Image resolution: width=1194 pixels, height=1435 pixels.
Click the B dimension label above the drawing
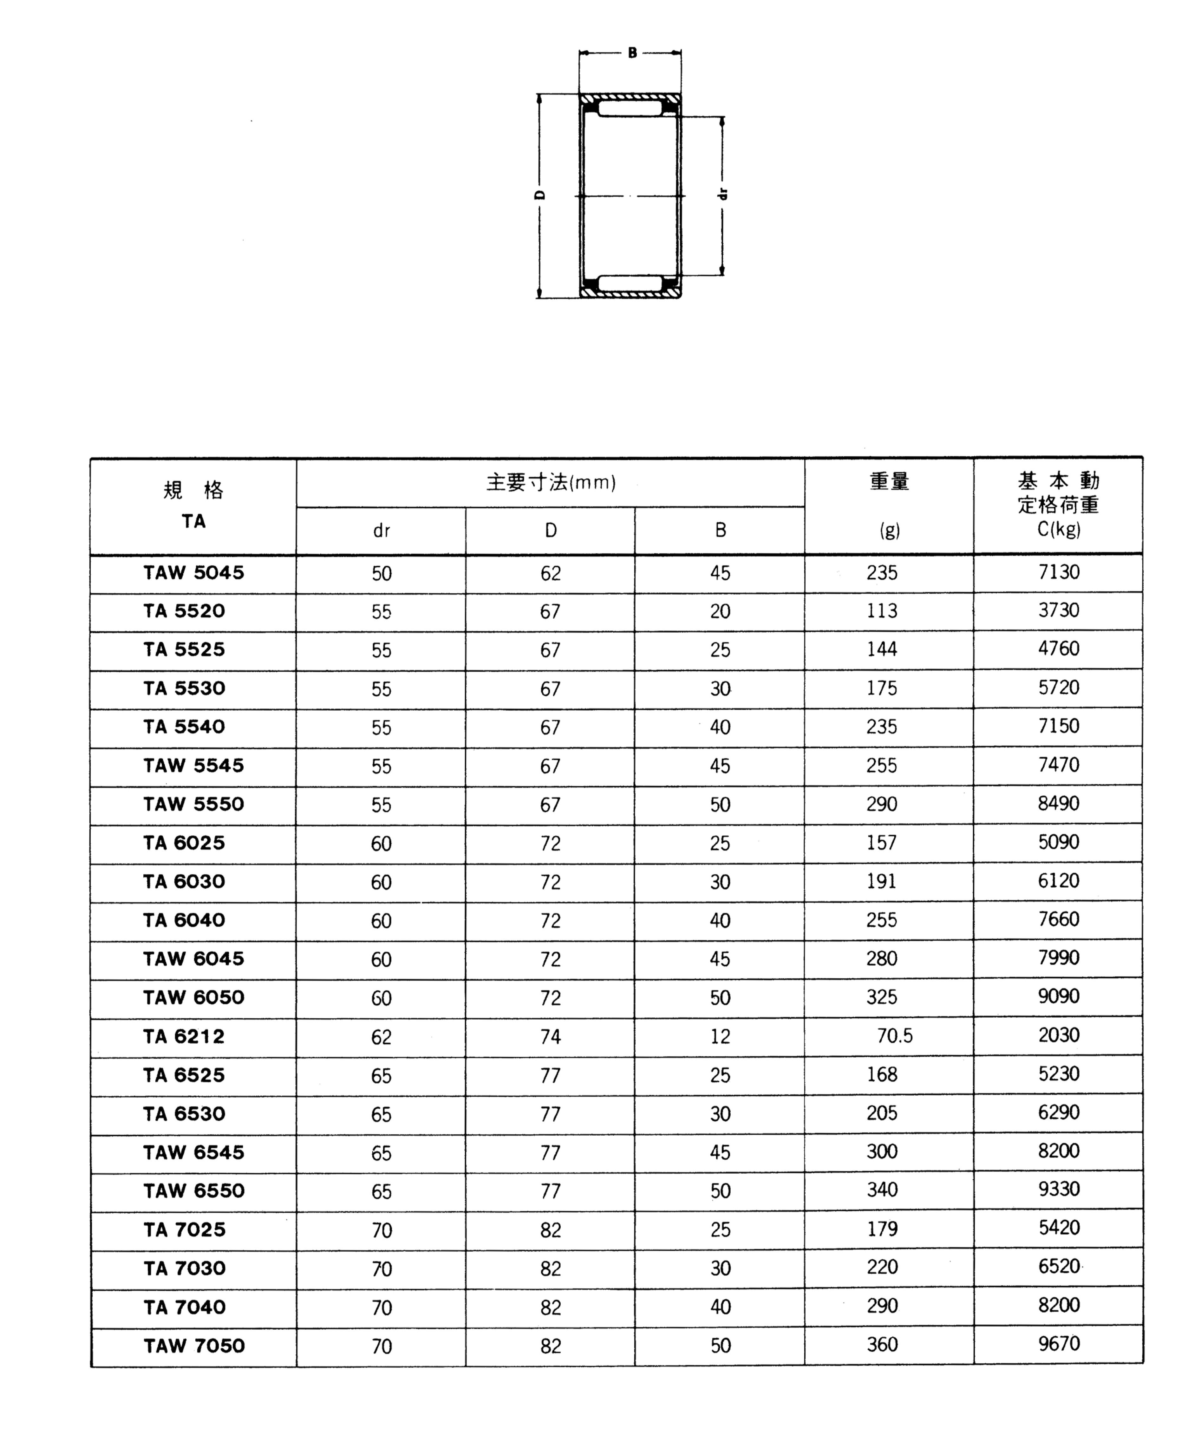632,53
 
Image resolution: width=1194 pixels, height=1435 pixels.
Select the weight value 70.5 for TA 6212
895,1036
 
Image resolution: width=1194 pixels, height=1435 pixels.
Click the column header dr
382,531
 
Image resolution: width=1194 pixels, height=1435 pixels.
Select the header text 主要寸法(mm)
551,482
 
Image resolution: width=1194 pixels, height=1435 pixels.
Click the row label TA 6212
184,1037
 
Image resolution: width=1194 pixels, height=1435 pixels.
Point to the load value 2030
1059,1034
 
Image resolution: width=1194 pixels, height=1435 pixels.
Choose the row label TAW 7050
194,1346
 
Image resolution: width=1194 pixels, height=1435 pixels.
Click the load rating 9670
1059,1343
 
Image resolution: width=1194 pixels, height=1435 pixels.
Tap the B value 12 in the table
720,1037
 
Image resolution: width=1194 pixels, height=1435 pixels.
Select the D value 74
550,1037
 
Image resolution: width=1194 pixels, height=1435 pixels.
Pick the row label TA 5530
184,688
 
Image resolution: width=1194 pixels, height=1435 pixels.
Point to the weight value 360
882,1344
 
